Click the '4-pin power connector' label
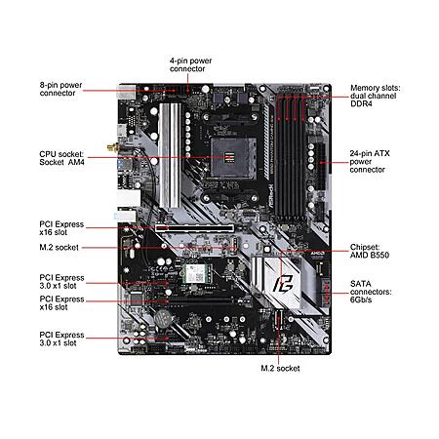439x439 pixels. (x=190, y=64)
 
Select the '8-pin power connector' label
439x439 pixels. (x=60, y=89)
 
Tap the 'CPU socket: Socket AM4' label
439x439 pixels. (x=61, y=158)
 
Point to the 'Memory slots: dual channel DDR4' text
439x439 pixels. (x=376, y=96)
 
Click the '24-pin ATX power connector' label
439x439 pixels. (x=370, y=161)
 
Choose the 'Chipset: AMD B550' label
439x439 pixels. (x=370, y=251)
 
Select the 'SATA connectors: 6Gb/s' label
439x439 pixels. (x=371, y=292)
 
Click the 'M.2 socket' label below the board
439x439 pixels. (x=280, y=369)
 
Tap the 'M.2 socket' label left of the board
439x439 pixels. (x=59, y=248)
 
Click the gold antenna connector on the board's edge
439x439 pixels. (x=113, y=148)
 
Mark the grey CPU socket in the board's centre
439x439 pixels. (x=233, y=158)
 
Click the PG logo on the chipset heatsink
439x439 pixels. (x=283, y=284)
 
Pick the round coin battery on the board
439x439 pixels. (x=162, y=317)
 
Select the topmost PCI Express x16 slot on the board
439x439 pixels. (x=194, y=228)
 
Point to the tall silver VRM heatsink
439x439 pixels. (x=170, y=155)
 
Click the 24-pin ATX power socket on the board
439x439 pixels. (x=321, y=166)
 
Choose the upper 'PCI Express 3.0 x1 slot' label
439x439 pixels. (x=61, y=282)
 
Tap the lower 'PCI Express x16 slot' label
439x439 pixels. (x=61, y=303)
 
